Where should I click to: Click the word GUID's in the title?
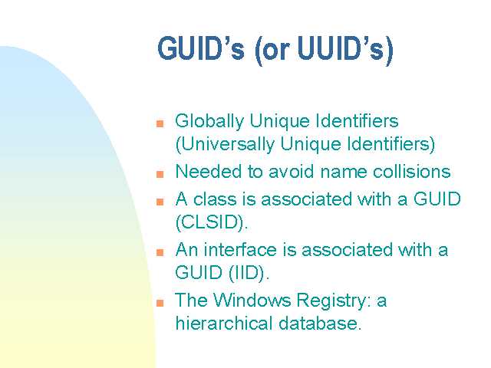(201, 48)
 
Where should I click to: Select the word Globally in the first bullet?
(209, 122)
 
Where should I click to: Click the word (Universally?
(225, 145)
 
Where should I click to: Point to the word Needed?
(209, 172)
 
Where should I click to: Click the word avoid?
(292, 172)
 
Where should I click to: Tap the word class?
(215, 199)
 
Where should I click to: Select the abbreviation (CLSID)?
(212, 222)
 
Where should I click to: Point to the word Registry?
(334, 301)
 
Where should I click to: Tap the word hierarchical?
(223, 323)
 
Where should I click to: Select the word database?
(320, 323)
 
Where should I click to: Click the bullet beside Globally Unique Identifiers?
(160, 123)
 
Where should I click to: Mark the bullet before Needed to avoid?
(160, 174)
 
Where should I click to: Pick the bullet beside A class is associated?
(160, 202)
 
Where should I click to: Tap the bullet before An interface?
(160, 252)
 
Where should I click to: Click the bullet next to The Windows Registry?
(160, 303)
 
